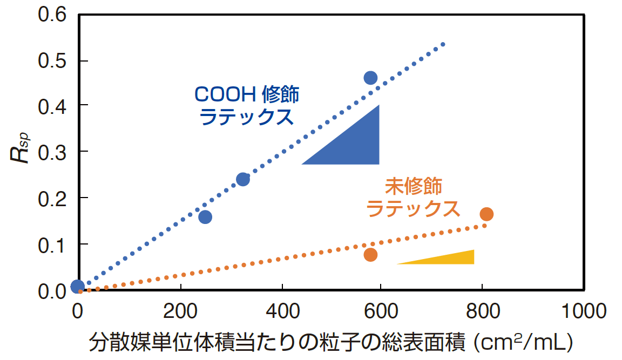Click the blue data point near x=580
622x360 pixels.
[x=370, y=78]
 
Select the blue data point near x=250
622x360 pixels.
[x=205, y=217]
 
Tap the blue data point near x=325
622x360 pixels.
[x=243, y=179]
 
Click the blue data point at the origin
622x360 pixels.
[x=77, y=287]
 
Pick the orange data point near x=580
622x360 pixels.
[x=370, y=255]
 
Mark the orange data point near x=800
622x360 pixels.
[x=486, y=214]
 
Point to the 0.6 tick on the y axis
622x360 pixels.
[x=52, y=13]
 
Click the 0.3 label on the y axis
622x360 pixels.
[x=52, y=152]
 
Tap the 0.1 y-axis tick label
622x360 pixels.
[x=52, y=244]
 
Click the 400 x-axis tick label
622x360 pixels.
[x=282, y=311]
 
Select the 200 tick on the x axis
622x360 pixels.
[x=180, y=311]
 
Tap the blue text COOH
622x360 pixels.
[x=225, y=95]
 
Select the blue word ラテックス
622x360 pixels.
[x=247, y=117]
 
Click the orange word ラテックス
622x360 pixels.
[x=413, y=208]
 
